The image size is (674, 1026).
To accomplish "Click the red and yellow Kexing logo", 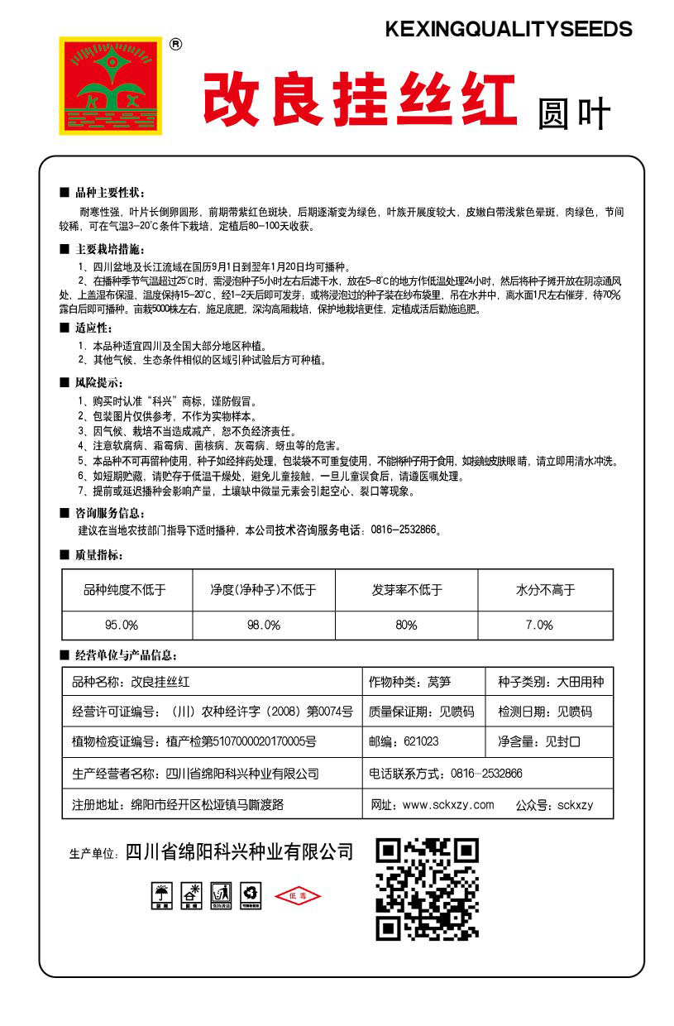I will (x=110, y=85).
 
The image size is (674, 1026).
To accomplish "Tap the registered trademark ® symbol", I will (x=175, y=46).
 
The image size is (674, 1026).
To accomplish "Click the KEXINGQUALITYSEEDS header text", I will (x=509, y=30).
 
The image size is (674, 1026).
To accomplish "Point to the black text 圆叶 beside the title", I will (x=573, y=115).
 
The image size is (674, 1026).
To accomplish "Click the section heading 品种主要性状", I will (x=109, y=192).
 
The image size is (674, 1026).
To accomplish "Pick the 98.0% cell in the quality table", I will (x=264, y=625).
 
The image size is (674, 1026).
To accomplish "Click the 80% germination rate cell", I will (x=406, y=625).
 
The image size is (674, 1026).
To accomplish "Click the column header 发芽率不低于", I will (x=407, y=590).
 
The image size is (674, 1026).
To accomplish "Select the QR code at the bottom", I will (x=427, y=889).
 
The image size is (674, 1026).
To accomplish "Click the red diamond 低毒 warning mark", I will (x=296, y=896).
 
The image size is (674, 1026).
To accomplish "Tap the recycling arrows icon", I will (x=250, y=894).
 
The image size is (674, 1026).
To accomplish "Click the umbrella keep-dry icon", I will (x=161, y=894).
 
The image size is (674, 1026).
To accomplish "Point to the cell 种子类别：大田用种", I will (x=550, y=683).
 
